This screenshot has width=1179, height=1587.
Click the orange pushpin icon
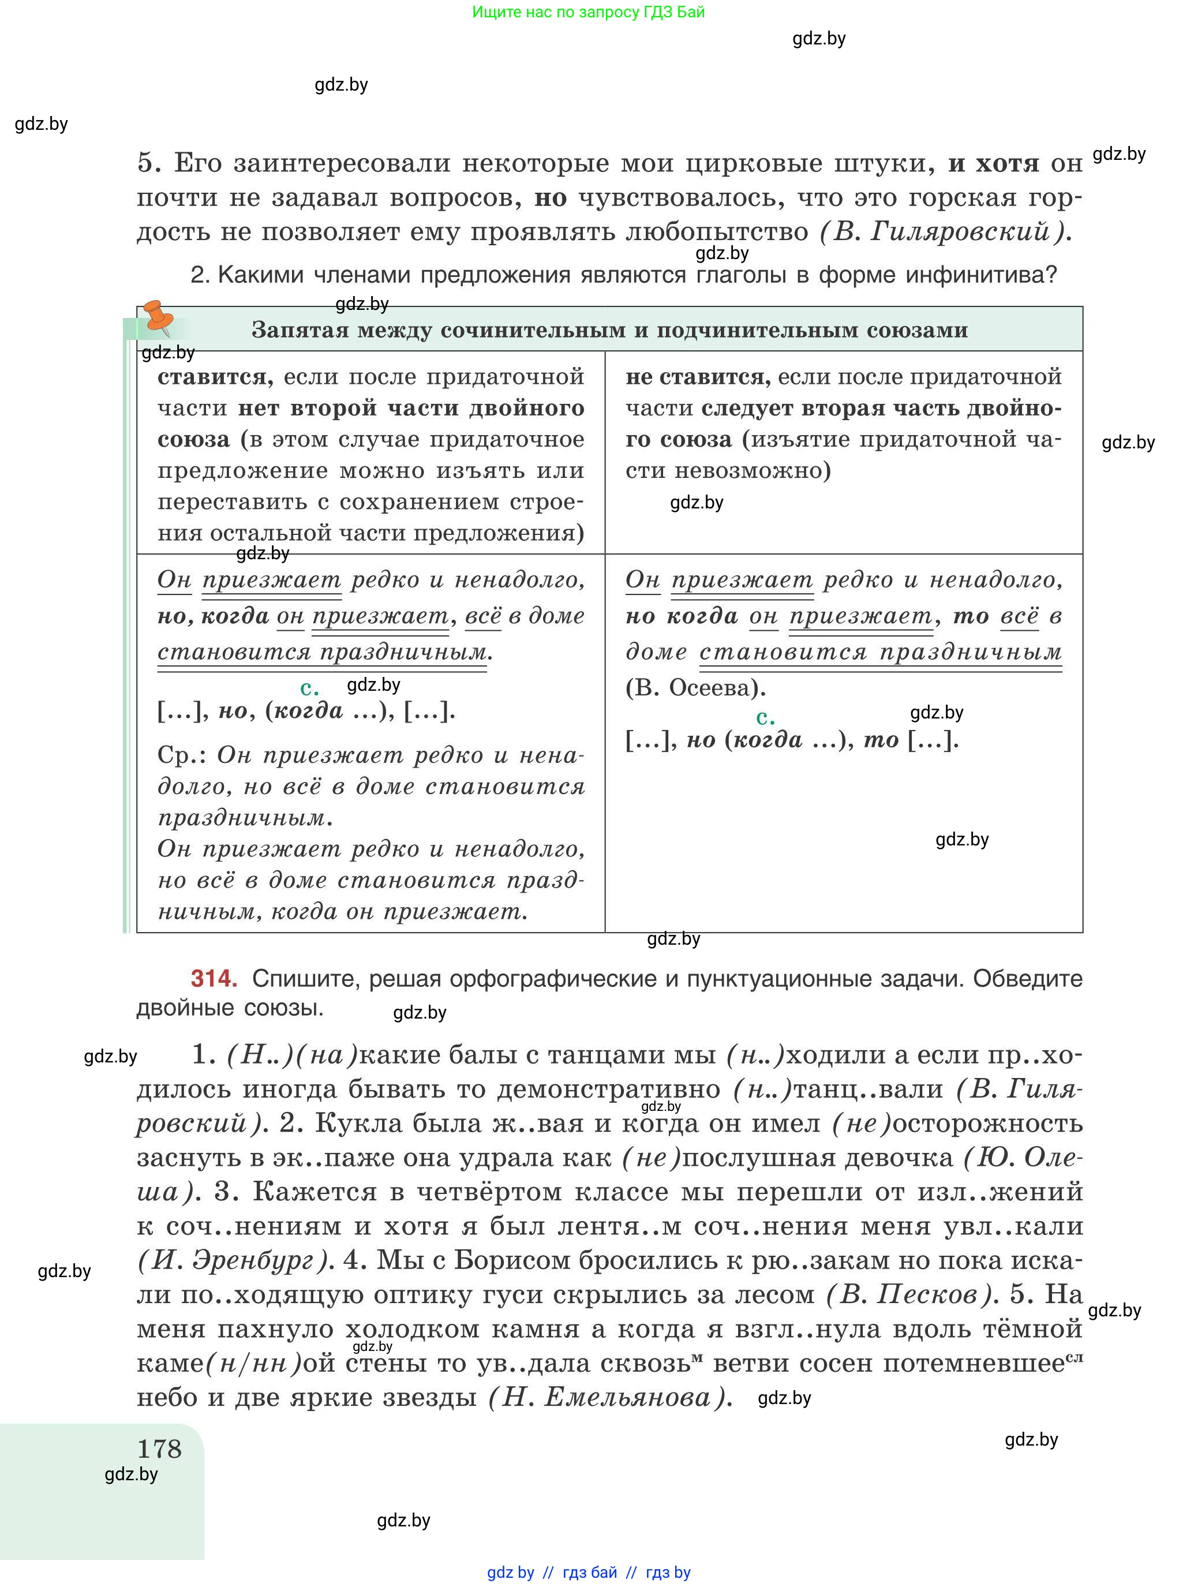[x=157, y=317]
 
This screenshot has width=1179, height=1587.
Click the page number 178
[x=159, y=1448]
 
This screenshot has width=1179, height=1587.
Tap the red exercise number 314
[x=214, y=978]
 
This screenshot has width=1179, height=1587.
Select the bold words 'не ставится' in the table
[x=697, y=377]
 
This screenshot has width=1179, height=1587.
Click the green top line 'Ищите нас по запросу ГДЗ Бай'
[x=588, y=12]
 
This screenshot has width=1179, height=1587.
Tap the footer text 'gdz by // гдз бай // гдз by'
[x=588, y=1572]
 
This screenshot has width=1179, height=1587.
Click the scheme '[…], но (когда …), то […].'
[x=791, y=740]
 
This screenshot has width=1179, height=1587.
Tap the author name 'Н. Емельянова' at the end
[x=607, y=1397]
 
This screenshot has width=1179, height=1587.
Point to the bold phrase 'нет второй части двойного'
[x=411, y=408]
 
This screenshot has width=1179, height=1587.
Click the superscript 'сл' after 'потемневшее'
[x=1074, y=1357]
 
